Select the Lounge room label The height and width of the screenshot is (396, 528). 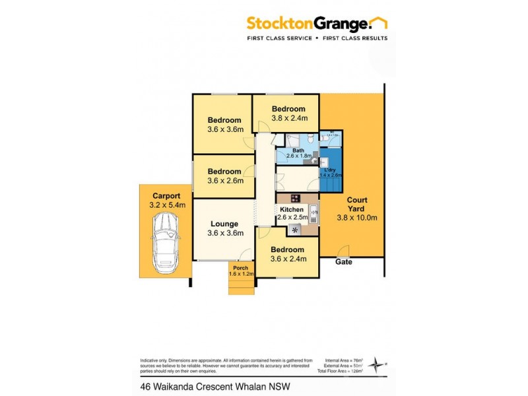(x=224, y=224)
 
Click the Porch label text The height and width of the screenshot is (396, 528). (x=240, y=267)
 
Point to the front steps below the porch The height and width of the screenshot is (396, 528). (x=242, y=286)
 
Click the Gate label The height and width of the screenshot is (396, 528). (x=343, y=262)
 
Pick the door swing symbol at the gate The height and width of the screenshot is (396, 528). (x=344, y=251)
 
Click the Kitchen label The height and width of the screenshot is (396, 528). (x=290, y=209)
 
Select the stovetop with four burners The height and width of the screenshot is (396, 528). (x=294, y=198)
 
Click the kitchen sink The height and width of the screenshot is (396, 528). (x=314, y=211)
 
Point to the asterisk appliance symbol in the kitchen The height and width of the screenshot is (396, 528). (x=294, y=230)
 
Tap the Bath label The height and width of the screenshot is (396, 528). (x=298, y=150)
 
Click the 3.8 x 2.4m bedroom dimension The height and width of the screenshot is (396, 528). (x=288, y=118)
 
